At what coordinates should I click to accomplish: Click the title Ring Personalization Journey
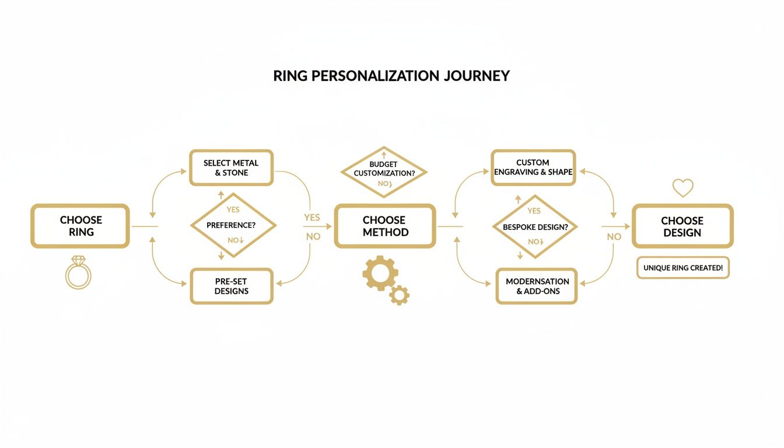391,76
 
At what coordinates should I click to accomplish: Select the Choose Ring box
80,226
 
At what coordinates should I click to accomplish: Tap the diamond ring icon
78,272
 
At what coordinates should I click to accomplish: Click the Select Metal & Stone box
231,168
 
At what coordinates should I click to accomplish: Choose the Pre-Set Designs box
231,286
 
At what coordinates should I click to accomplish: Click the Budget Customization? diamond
383,172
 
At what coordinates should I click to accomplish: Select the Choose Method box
385,226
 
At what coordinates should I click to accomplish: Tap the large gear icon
380,272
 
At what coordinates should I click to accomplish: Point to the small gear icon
400,295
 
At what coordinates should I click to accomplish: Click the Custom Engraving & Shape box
533,167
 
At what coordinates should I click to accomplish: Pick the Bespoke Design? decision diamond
535,227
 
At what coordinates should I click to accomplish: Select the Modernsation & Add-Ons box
537,286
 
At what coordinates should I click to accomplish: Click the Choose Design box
682,226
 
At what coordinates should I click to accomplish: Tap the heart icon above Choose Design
682,188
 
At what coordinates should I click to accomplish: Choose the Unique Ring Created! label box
682,268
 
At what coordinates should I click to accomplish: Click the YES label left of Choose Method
312,218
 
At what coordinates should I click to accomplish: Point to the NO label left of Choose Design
614,237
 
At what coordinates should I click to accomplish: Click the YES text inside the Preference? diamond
233,209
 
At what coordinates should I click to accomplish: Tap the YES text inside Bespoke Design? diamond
534,211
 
